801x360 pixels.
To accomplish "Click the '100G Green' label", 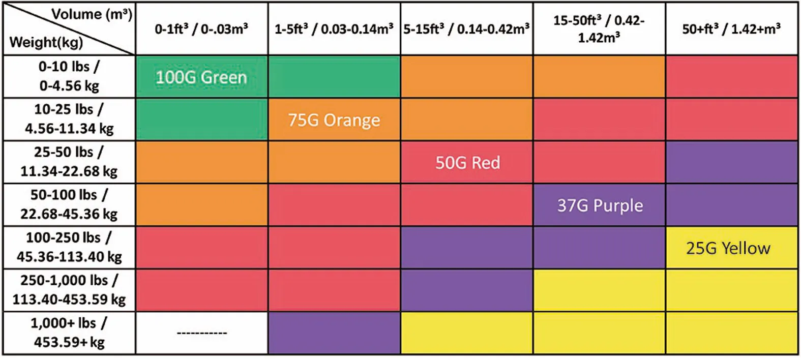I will point(201,77).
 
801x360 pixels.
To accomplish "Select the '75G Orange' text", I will point(334,120).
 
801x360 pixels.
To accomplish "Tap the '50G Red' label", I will point(467,163).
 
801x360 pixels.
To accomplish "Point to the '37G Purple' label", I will point(600,205).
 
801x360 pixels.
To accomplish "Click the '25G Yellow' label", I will point(728,248).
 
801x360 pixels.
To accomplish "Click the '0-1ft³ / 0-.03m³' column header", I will point(202,29).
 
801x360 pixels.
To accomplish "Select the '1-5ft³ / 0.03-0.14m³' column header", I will point(334,29).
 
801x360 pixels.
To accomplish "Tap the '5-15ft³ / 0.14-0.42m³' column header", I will point(467,29).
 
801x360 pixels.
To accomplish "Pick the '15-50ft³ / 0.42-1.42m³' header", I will point(599,29).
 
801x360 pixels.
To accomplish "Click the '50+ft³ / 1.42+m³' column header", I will point(731,29).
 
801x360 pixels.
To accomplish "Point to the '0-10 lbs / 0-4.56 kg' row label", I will point(69,76).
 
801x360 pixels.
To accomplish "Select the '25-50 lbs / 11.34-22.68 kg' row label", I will point(69,162).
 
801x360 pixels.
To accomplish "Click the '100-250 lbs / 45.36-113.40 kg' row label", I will point(69,247).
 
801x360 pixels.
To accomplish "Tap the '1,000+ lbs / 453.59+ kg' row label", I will point(69,333).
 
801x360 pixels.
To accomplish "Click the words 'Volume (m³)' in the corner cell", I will point(92,14).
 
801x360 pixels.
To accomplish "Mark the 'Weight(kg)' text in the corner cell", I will point(46,42).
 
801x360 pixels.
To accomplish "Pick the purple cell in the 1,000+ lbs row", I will point(334,333).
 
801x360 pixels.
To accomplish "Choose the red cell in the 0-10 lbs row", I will point(731,77).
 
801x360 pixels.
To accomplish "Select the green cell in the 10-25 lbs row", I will point(202,119).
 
